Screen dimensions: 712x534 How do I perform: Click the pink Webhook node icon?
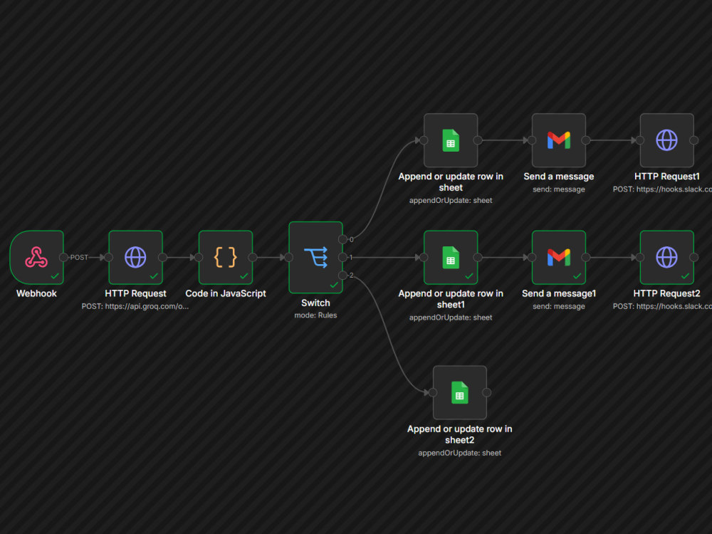tap(36, 257)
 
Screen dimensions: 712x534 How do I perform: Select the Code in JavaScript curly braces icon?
tap(226, 257)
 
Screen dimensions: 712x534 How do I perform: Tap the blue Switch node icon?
tap(315, 257)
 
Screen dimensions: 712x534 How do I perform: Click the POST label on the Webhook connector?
tap(79, 258)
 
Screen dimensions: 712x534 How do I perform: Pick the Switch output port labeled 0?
tap(343, 239)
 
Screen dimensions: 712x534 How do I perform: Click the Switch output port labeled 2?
tap(343, 275)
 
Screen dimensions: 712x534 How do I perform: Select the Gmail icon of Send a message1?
tap(558, 257)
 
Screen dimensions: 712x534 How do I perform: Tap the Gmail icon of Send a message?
tap(558, 140)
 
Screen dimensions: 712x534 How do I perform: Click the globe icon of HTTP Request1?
tap(666, 140)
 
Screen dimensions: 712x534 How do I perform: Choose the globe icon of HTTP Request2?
tap(666, 257)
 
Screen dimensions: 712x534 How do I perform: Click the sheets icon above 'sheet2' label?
tap(459, 392)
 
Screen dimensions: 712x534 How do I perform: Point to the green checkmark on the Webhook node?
tap(55, 276)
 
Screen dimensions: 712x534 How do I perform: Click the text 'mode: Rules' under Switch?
tap(315, 315)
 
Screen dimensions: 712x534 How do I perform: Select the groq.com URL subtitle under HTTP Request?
tap(135, 306)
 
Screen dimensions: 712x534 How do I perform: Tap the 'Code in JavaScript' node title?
tap(226, 293)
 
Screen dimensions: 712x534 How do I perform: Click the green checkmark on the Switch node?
tap(334, 285)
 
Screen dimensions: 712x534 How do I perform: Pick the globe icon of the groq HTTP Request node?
tap(135, 257)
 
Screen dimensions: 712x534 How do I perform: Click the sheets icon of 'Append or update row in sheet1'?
tap(451, 257)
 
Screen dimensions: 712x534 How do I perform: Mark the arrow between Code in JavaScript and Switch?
tap(271, 258)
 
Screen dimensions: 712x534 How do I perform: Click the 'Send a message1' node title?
tap(558, 293)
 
